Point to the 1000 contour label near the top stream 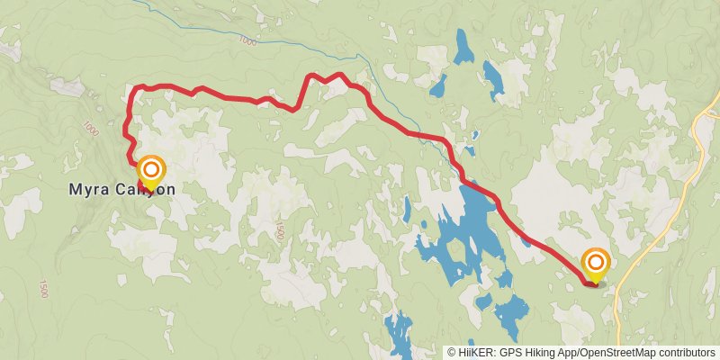[x=248, y=41]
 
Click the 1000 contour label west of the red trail [x=88, y=129]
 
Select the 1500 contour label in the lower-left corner [x=43, y=288]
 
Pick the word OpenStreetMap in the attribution [x=617, y=353]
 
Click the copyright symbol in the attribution [x=452, y=353]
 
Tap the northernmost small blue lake [x=463, y=47]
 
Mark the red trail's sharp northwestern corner [x=135, y=88]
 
